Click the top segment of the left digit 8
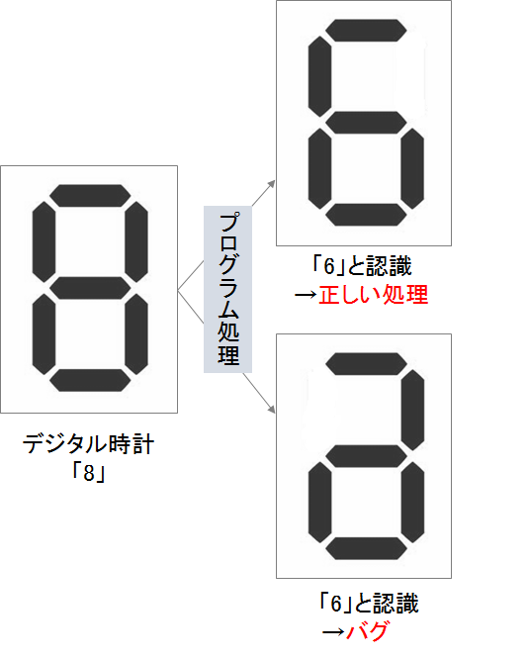pyautogui.click(x=90, y=196)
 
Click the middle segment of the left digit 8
pyautogui.click(x=90, y=288)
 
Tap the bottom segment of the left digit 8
pyautogui.click(x=90, y=380)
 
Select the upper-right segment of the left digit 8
pyautogui.click(x=136, y=241)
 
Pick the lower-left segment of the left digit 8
pyautogui.click(x=44, y=334)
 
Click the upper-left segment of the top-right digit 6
pyautogui.click(x=319, y=76)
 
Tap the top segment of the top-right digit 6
pyautogui.click(x=366, y=31)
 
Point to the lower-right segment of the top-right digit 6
pyautogui.click(x=412, y=168)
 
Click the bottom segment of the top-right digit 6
pyautogui.click(x=366, y=215)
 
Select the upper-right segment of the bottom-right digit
pyautogui.click(x=412, y=411)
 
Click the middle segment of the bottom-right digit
pyautogui.click(x=366, y=456)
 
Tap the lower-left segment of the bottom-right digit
pyautogui.click(x=319, y=503)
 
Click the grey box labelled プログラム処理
pyautogui.click(x=227, y=290)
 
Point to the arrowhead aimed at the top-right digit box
pyautogui.click(x=272, y=184)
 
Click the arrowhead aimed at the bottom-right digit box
pyautogui.click(x=272, y=409)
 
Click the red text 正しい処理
pyautogui.click(x=373, y=294)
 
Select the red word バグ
pyautogui.click(x=367, y=631)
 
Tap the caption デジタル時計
pyautogui.click(x=88, y=444)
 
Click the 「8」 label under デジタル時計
pyautogui.click(x=88, y=472)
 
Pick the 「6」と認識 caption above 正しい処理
pyautogui.click(x=362, y=265)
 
